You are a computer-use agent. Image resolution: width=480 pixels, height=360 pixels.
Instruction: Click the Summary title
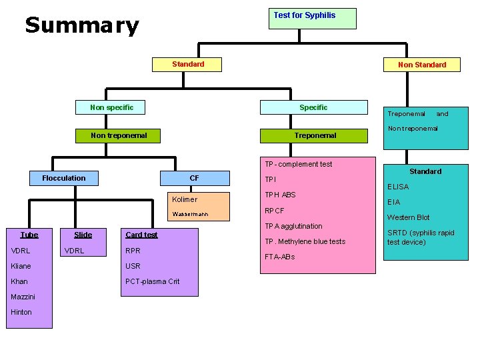[x=82, y=26]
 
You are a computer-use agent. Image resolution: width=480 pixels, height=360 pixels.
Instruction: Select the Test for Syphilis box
[x=312, y=18]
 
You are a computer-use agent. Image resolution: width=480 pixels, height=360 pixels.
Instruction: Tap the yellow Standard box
[x=188, y=65]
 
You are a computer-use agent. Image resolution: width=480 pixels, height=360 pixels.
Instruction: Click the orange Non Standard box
[x=421, y=65]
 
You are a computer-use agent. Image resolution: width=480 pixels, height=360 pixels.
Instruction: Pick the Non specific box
[x=111, y=107]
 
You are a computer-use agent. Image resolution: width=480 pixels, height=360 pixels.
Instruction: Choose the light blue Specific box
[x=313, y=107]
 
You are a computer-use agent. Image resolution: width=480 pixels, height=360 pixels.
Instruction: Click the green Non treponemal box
[x=119, y=135]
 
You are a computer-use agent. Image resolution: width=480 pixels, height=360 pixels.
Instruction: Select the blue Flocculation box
[x=64, y=178]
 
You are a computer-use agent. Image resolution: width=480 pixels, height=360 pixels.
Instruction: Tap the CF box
[x=194, y=178]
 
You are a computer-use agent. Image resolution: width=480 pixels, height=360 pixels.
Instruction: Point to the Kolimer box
[x=185, y=199]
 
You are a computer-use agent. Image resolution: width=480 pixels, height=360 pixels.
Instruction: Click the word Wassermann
[x=190, y=215]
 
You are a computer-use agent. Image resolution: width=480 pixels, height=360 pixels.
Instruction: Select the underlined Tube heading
[x=29, y=235]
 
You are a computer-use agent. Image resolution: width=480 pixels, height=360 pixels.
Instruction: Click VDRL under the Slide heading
[x=73, y=251]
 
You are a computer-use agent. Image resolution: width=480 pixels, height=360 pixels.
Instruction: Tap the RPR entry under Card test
[x=133, y=251]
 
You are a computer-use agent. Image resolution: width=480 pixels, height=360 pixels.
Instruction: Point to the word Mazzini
[x=23, y=297]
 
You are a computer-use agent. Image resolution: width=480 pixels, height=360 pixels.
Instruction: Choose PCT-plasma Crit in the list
[x=153, y=281]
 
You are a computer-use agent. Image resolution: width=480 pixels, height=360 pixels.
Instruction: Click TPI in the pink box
[x=271, y=179]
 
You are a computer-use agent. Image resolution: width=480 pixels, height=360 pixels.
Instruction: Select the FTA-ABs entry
[x=279, y=257]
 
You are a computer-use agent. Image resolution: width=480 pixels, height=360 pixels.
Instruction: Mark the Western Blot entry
[x=408, y=217]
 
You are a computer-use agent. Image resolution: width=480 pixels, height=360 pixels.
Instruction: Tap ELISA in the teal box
[x=398, y=187]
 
